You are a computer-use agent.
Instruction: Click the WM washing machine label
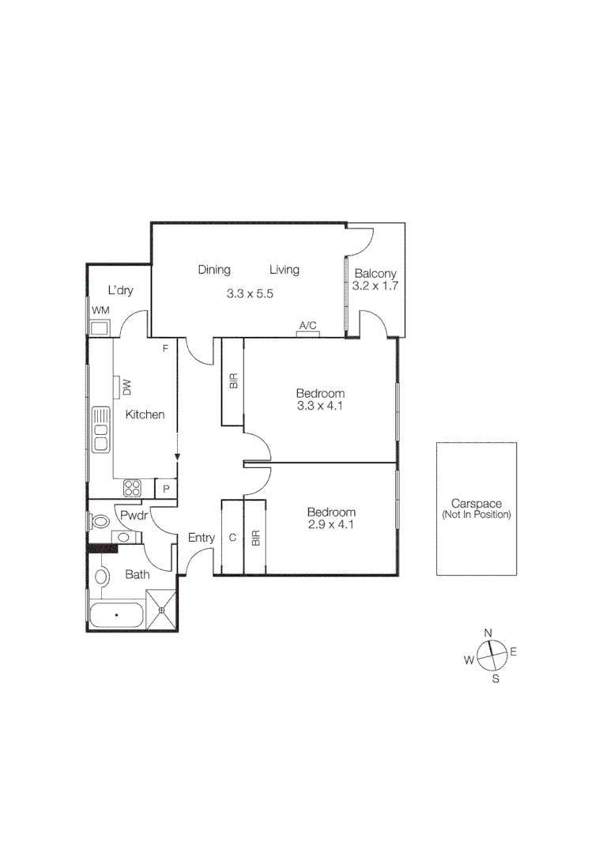[x=100, y=311]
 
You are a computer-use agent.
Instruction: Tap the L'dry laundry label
[x=120, y=290]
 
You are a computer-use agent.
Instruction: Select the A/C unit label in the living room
[x=307, y=325]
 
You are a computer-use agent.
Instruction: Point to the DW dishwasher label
[x=126, y=387]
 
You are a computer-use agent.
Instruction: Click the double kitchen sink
[x=100, y=429]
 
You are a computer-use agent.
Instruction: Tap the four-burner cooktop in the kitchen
[x=132, y=489]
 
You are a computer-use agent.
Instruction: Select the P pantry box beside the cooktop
[x=166, y=489]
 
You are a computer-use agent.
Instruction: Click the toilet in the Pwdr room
[x=100, y=522]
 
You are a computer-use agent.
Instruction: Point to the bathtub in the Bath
[x=116, y=614]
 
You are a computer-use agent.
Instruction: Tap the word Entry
[x=202, y=538]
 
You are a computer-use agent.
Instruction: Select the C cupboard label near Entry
[x=232, y=538]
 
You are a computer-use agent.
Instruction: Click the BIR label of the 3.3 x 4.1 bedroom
[x=233, y=382]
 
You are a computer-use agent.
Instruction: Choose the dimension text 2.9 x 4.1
[x=331, y=524]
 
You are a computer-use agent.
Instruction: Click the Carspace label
[x=477, y=503]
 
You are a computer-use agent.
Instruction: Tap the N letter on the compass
[x=488, y=633]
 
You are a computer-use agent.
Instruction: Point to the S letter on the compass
[x=496, y=678]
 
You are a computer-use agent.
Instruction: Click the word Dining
[x=214, y=270]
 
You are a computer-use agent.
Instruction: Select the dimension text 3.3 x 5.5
[x=250, y=293]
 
